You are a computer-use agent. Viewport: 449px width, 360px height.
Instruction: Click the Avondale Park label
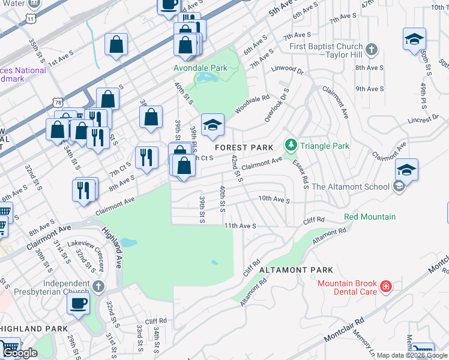(x=200, y=68)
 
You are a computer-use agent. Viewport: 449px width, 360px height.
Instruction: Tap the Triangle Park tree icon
(x=291, y=145)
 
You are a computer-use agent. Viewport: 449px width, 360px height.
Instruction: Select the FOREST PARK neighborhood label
(x=244, y=147)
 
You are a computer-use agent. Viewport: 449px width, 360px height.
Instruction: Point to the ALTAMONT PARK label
(x=296, y=271)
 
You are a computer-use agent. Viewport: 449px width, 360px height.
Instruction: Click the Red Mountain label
(x=370, y=217)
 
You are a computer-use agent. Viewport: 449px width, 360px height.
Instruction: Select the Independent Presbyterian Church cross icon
(x=100, y=286)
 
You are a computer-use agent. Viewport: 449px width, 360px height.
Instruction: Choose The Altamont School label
(x=351, y=187)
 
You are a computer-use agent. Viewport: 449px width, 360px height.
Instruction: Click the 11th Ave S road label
(x=240, y=226)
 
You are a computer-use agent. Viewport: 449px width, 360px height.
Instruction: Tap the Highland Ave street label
(x=112, y=247)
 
